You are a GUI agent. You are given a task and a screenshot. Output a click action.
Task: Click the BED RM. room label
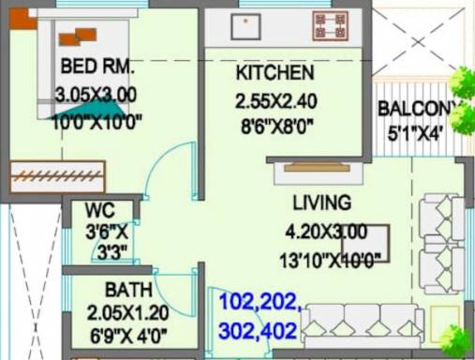coord(97,67)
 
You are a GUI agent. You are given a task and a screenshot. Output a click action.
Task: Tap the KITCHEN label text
coord(274,73)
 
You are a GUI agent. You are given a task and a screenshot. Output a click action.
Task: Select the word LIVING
coord(321,202)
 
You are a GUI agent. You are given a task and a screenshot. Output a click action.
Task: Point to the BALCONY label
coord(420,109)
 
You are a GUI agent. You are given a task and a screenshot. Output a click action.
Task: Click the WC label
coord(99,210)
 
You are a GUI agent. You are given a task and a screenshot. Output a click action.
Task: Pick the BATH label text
coord(124,289)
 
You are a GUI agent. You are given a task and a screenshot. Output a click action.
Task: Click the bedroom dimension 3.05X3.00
coord(96,95)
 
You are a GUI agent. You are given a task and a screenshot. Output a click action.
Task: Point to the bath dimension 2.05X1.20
coord(124,312)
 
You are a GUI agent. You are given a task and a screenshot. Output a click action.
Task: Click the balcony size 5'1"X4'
coord(415,133)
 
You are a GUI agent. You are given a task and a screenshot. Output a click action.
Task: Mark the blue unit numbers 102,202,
coord(260,303)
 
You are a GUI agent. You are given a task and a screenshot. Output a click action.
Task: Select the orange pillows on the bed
coord(78,37)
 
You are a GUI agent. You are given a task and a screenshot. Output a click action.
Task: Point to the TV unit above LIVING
coord(317,168)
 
